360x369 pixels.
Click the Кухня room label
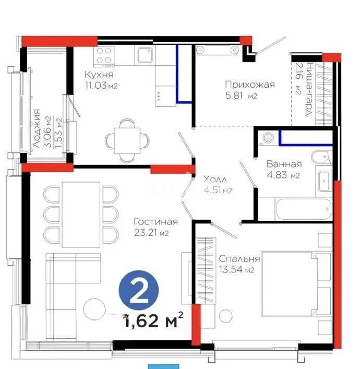tap(99, 75)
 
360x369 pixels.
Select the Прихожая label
tap(249, 85)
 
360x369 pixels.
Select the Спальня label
tap(239, 259)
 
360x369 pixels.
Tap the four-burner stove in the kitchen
tap(106, 56)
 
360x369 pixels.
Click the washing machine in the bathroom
tap(269, 137)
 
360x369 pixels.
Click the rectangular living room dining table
tap(81, 214)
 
